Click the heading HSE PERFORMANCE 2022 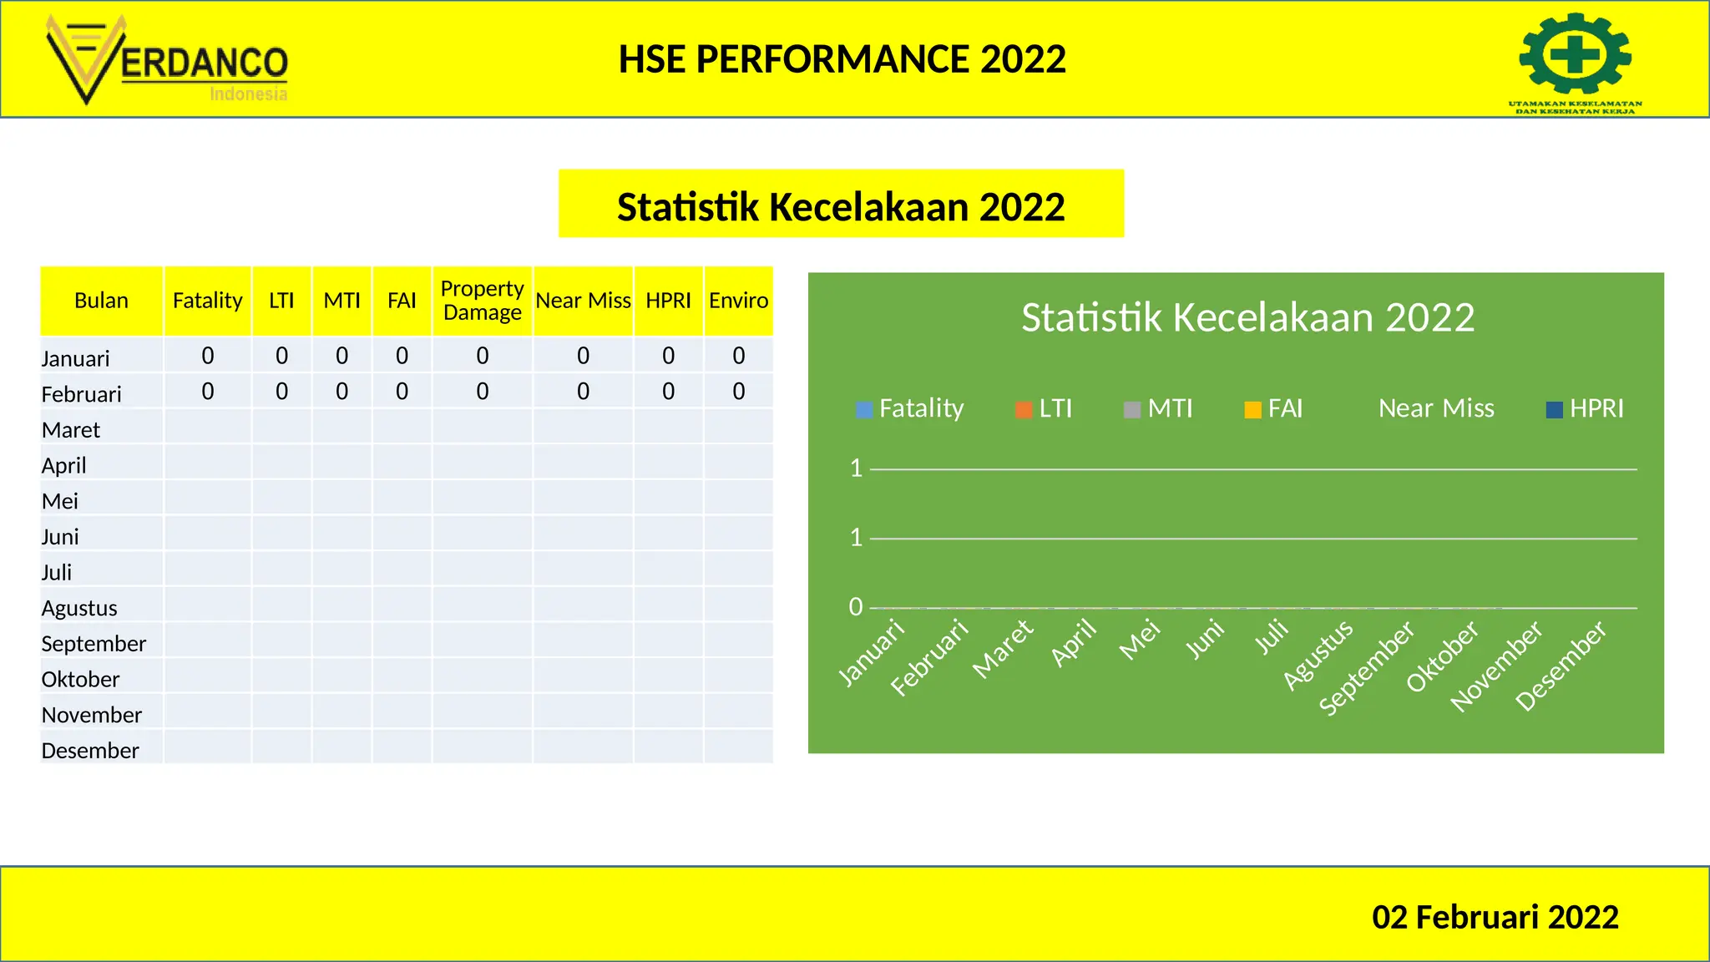(x=842, y=59)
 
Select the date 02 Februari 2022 (x=1495, y=917)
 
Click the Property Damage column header (x=482, y=301)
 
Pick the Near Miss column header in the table (x=583, y=301)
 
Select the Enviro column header (x=738, y=301)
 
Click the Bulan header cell (x=101, y=301)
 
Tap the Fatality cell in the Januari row (x=208, y=356)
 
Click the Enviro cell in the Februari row (x=738, y=392)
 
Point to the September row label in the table (x=94, y=644)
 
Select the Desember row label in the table (x=90, y=751)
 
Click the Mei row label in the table (x=60, y=501)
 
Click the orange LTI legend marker (x=1024, y=409)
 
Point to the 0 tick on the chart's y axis (x=856, y=607)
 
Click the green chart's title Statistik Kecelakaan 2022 (x=1247, y=317)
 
